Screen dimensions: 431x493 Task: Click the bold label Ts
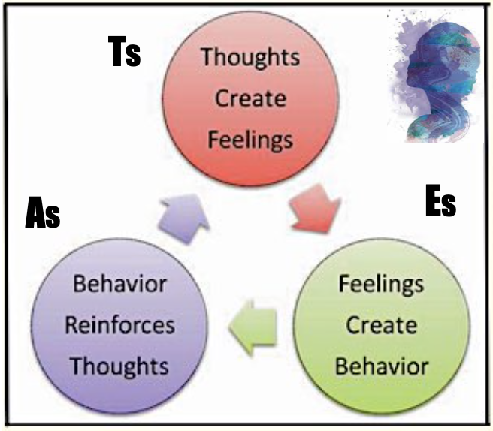tap(123, 53)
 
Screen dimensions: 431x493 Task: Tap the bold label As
tap(42, 213)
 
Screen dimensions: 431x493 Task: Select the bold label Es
tap(440, 203)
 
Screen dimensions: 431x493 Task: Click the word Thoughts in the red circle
tap(250, 57)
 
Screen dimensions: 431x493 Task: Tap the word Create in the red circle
tap(250, 98)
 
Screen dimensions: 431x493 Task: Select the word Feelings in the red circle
tap(250, 139)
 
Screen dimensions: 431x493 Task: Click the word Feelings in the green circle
tap(381, 285)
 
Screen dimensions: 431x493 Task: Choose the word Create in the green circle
tap(381, 326)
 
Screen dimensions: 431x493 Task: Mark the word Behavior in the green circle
tap(381, 366)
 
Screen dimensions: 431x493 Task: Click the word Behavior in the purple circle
tap(120, 285)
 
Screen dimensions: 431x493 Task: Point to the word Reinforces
tap(119, 326)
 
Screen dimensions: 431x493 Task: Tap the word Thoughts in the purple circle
tap(119, 366)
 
